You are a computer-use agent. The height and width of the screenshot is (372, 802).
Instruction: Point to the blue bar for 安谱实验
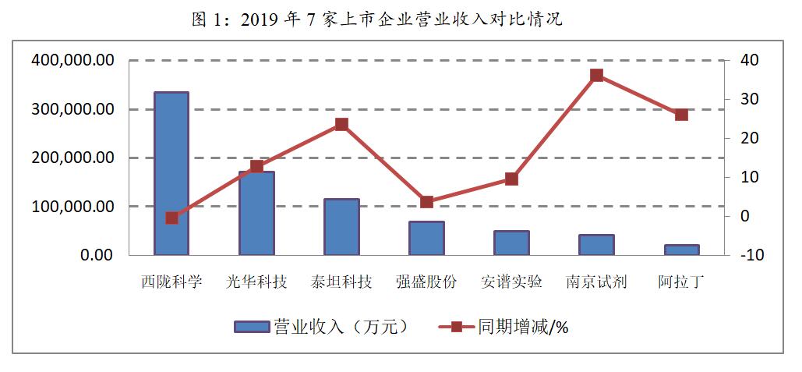511,243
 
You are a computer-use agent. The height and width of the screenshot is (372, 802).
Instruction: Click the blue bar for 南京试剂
596,245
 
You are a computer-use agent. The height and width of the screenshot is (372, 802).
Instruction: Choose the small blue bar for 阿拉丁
681,250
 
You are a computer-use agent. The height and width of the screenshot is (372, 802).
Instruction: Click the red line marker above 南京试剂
596,76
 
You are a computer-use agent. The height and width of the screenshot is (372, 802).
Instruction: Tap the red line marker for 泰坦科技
341,124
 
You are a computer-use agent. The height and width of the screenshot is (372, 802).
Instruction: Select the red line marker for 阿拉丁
681,115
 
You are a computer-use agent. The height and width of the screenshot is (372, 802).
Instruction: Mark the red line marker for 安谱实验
511,179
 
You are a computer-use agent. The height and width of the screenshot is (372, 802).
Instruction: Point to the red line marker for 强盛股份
426,202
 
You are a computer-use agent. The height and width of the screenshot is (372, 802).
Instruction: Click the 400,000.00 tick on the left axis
72,60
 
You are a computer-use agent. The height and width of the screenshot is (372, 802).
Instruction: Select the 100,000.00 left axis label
72,207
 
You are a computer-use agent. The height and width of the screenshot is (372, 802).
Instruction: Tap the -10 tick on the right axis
751,255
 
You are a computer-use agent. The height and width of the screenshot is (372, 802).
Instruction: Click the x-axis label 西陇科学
171,282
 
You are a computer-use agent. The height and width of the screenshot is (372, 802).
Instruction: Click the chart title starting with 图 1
376,19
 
